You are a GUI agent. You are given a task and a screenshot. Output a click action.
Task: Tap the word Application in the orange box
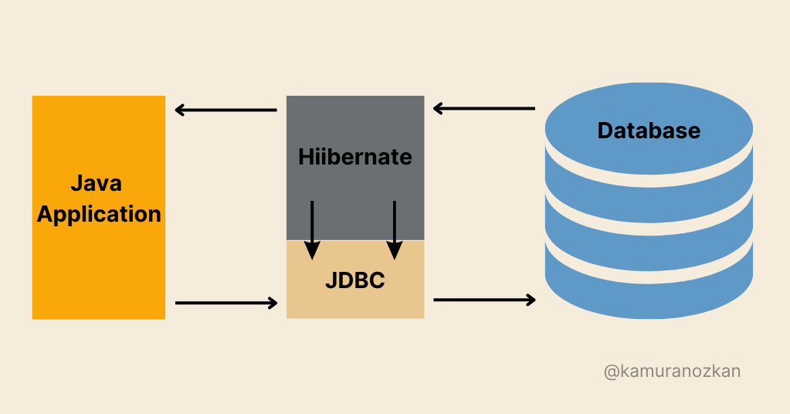pyautogui.click(x=99, y=214)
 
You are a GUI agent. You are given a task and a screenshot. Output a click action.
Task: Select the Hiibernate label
pyautogui.click(x=355, y=158)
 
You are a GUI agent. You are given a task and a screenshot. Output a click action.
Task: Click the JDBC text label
pyautogui.click(x=354, y=280)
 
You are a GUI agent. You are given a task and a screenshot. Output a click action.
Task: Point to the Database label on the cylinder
pyautogui.click(x=649, y=131)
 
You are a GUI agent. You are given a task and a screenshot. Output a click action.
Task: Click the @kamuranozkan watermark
pyautogui.click(x=672, y=372)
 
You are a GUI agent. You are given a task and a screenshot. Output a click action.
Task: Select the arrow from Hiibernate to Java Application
pyautogui.click(x=225, y=110)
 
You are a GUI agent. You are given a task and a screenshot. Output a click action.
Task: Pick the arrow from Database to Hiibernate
pyautogui.click(x=483, y=109)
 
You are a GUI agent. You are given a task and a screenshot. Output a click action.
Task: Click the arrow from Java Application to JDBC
pyautogui.click(x=225, y=303)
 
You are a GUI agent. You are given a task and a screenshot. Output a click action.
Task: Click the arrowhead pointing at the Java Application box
pyautogui.click(x=181, y=110)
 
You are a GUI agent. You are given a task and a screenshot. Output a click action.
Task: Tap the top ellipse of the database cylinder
pyautogui.click(x=649, y=127)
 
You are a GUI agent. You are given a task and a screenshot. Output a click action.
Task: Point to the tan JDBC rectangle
pyautogui.click(x=354, y=297)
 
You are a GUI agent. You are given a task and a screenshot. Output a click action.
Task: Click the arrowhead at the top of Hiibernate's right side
pyautogui.click(x=438, y=109)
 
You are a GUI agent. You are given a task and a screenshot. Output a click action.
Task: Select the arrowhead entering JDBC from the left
pyautogui.click(x=272, y=303)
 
